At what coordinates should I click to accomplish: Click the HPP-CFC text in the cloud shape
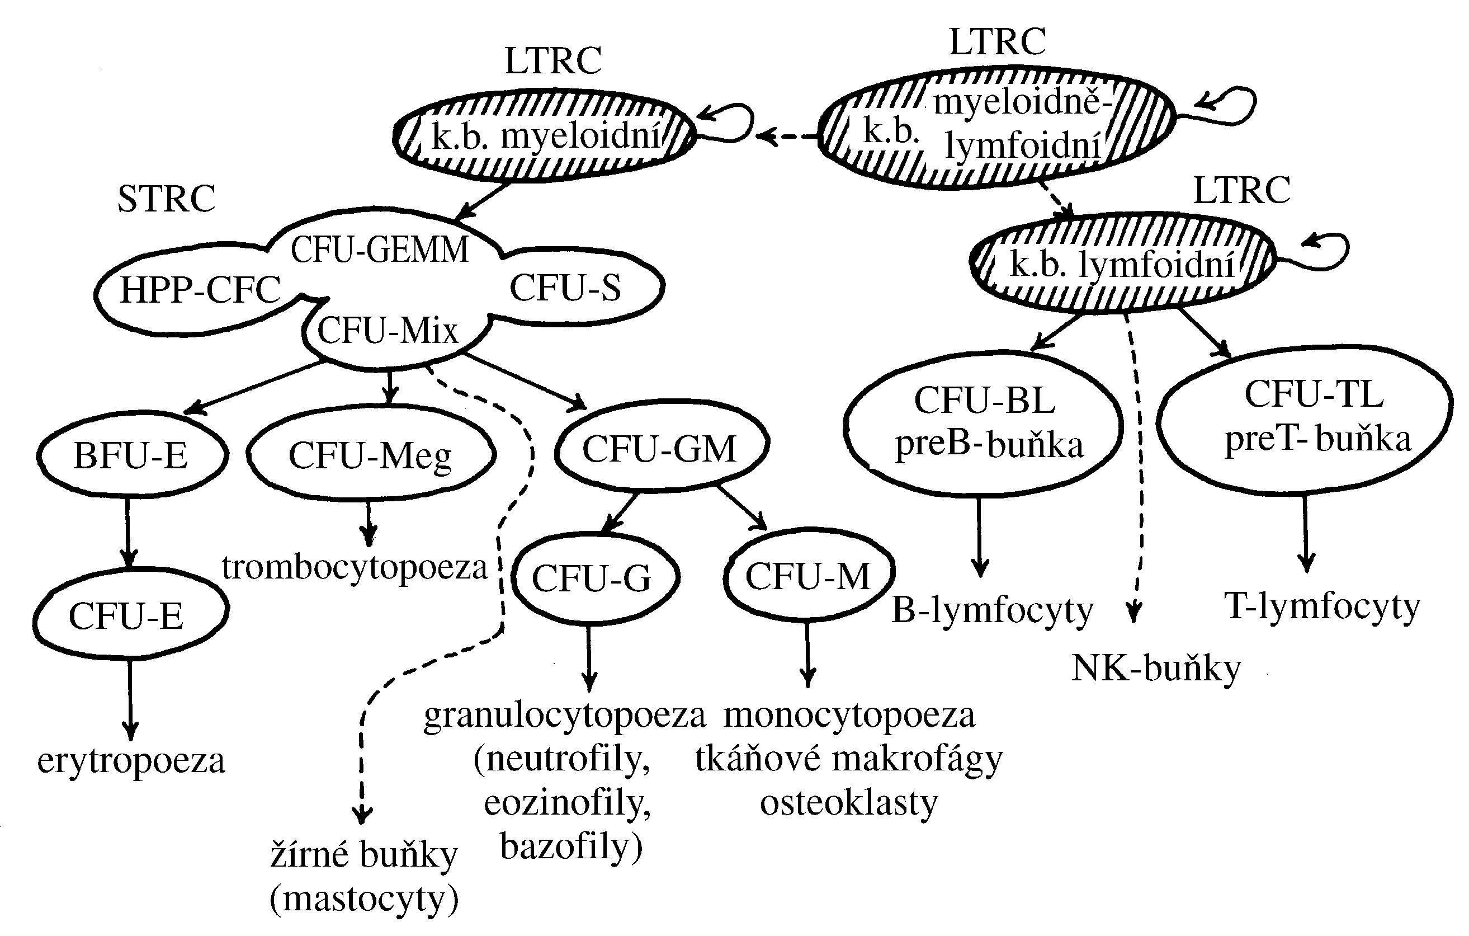[200, 290]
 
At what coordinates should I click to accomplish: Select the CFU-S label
[565, 288]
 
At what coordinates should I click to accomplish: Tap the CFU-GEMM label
[380, 250]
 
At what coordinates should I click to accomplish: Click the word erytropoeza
[131, 761]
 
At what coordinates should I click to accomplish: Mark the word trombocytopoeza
[355, 567]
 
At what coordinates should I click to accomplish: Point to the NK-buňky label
[1156, 669]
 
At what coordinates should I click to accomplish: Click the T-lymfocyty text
[1322, 606]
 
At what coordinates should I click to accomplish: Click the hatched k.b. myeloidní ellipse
[545, 135]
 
